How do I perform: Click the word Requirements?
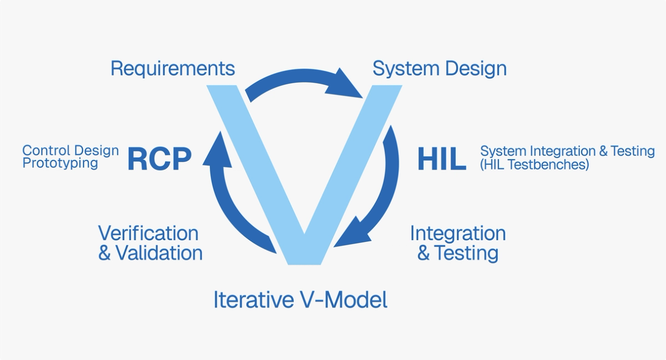(172, 69)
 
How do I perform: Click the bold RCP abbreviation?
(159, 159)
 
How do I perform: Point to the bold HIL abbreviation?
(442, 159)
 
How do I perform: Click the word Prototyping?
(60, 163)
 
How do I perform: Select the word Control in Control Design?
(46, 151)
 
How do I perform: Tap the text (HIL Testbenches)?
(534, 164)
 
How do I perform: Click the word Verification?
(148, 233)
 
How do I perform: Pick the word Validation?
(159, 253)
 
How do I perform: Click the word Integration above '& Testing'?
(457, 233)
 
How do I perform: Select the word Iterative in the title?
(251, 300)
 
